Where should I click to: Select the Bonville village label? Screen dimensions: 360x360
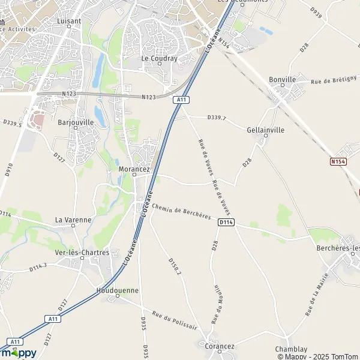point(283,79)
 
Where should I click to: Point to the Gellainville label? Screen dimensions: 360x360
point(265,129)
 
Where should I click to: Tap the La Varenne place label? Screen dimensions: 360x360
point(73,220)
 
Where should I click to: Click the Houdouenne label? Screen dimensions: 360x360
point(118,290)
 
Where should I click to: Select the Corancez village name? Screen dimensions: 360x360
point(219,346)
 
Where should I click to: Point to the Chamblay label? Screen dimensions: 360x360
point(291,349)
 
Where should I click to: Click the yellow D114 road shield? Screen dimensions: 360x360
point(226,223)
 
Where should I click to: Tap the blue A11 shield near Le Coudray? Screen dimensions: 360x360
point(180,100)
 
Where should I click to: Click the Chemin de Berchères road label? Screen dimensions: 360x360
point(182,212)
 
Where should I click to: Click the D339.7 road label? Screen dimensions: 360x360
point(216,118)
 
